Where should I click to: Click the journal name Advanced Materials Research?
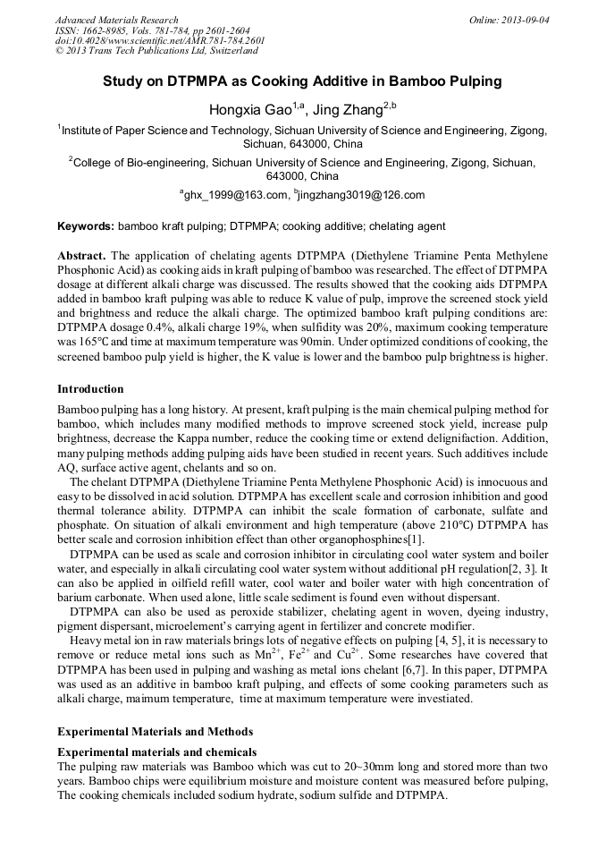point(116,20)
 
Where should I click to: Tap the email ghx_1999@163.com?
point(237,194)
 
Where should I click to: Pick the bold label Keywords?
point(86,226)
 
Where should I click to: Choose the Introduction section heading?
point(91,389)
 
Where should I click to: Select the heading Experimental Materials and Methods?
point(155,732)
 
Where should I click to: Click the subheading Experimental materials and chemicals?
point(156,752)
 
